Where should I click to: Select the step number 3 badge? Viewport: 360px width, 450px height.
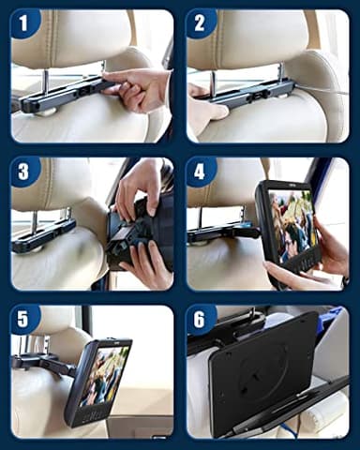pos(24,172)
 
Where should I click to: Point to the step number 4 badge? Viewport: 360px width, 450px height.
pos(200,172)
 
